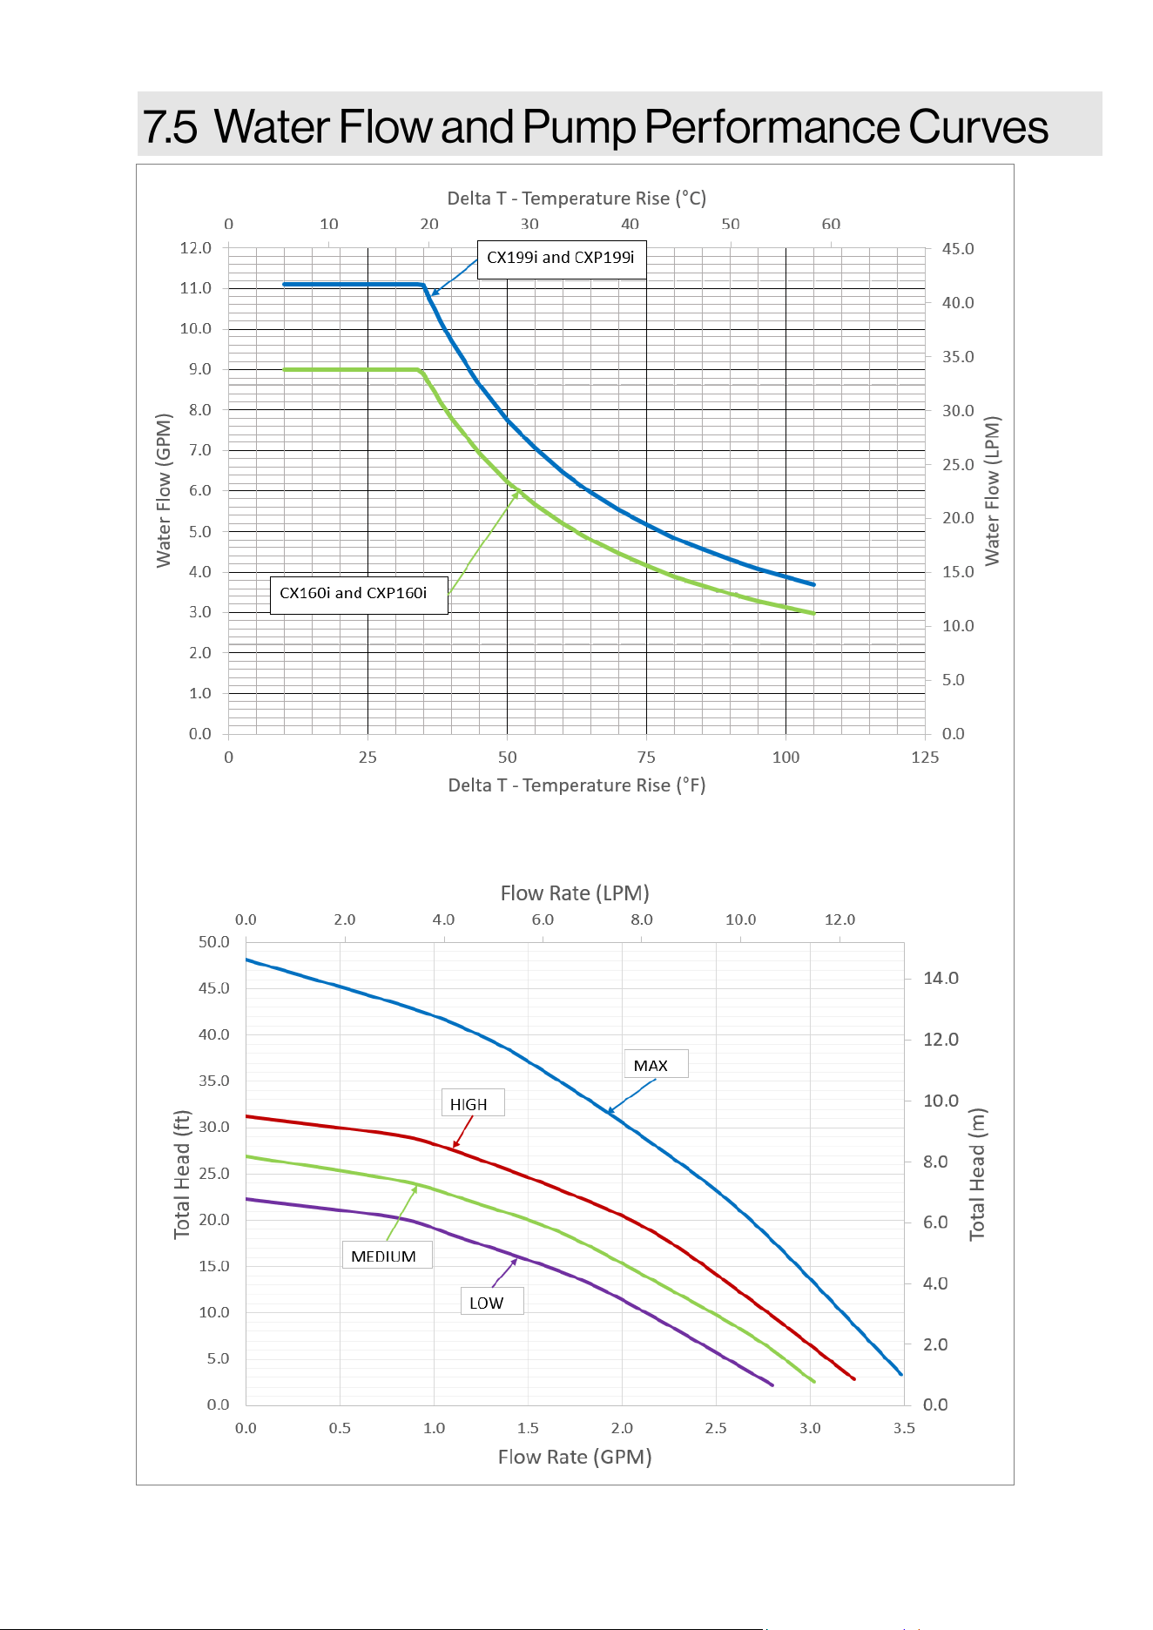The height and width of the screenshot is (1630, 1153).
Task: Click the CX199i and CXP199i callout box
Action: pos(562,259)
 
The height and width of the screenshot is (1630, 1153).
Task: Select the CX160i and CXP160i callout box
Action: pos(359,595)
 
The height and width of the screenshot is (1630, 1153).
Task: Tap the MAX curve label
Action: pos(656,1064)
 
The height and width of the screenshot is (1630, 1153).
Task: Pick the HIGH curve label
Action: pos(473,1103)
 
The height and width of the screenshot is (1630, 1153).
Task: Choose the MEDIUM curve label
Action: pos(387,1255)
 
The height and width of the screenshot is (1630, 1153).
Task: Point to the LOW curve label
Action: pos(492,1301)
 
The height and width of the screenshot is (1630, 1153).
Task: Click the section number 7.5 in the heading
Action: pos(170,127)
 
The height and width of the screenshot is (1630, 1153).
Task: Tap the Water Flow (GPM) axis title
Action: pos(164,490)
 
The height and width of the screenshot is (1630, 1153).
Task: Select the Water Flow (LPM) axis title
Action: pos(992,491)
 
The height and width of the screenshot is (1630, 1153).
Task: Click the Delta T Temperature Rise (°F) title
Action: pos(576,785)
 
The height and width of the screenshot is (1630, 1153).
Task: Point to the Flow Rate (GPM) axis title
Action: pos(575,1457)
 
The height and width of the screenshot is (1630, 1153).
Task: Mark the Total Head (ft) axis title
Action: pos(181,1175)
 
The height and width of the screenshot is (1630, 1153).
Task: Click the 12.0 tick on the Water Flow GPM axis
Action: pos(196,248)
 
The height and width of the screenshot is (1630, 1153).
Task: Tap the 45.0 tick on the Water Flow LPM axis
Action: pos(958,249)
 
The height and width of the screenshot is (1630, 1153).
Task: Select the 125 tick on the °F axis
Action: pos(925,758)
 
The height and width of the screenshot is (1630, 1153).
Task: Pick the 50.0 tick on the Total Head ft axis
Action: pos(214,942)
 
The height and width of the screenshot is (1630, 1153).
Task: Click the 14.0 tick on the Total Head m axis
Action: pos(941,979)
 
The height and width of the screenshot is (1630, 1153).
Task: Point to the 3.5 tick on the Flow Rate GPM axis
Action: pos(904,1428)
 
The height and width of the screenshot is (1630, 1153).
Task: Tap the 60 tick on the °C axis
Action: pos(832,224)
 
